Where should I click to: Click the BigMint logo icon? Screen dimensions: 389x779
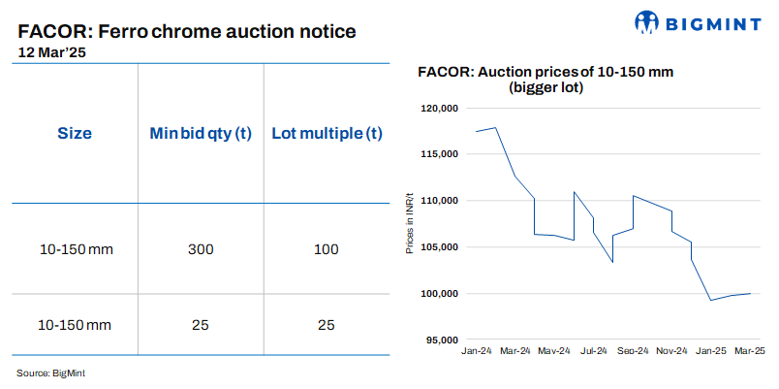pyautogui.click(x=648, y=22)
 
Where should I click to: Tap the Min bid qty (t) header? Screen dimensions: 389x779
pyautogui.click(x=200, y=134)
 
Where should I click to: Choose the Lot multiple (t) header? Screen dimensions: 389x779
pyautogui.click(x=327, y=134)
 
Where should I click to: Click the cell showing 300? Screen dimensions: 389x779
pyautogui.click(x=200, y=249)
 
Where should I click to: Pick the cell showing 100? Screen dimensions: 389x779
pyautogui.click(x=327, y=249)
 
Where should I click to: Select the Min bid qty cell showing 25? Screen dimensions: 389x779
pyautogui.click(x=200, y=324)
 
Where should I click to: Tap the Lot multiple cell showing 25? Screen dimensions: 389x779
pyautogui.click(x=327, y=324)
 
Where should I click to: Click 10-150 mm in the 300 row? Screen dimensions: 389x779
pyautogui.click(x=77, y=249)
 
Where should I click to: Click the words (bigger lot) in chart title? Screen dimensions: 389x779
pyautogui.click(x=546, y=87)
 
